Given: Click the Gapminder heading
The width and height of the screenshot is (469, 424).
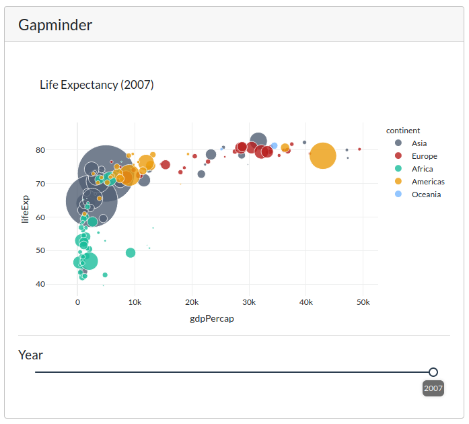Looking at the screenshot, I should (x=55, y=26).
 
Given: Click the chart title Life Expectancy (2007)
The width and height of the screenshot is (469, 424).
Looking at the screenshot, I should (x=97, y=85).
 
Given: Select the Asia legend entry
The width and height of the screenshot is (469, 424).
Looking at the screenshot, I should (x=419, y=143).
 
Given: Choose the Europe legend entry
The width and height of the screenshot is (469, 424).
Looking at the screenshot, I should (x=424, y=156).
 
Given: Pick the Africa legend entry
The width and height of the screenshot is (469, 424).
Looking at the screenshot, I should (x=422, y=169).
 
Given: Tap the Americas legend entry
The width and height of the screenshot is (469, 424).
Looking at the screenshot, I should (x=428, y=182).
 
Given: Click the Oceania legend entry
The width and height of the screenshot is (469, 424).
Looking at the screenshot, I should (x=426, y=195).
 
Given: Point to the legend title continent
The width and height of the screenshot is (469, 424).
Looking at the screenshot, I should (x=403, y=131).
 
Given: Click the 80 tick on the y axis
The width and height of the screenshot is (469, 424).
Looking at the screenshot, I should (x=60, y=150).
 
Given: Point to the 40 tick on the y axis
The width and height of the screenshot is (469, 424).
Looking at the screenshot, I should (x=60, y=284).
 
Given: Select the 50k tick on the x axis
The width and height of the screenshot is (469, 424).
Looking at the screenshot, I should (x=363, y=303).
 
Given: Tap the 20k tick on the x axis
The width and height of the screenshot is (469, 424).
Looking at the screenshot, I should (x=192, y=303).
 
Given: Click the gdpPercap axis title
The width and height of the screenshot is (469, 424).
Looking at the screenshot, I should (x=212, y=319).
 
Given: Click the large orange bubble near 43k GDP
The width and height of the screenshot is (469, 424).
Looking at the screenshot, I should (x=322, y=156).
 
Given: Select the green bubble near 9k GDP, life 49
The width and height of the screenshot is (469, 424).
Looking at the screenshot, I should (x=131, y=253).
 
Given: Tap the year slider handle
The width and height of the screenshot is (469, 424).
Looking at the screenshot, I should (x=433, y=372).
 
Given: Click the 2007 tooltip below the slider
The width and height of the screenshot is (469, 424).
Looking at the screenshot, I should (x=433, y=388).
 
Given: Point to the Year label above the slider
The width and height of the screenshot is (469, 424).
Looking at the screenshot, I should (x=30, y=355).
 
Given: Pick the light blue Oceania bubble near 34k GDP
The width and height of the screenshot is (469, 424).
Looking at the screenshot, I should (x=275, y=146).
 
